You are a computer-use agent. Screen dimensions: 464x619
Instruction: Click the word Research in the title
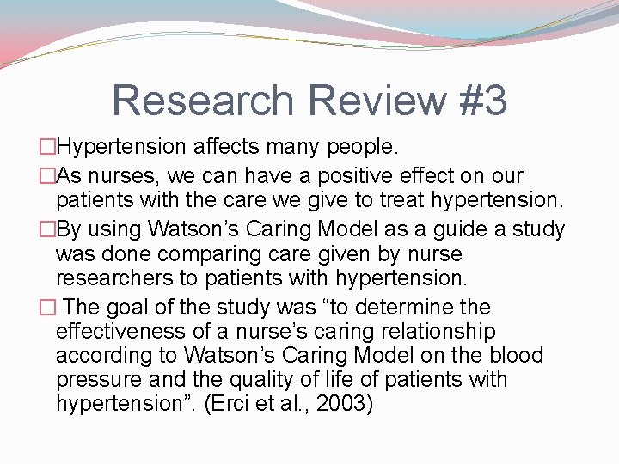click(x=203, y=101)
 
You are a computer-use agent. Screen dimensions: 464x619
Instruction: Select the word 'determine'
click(x=433, y=308)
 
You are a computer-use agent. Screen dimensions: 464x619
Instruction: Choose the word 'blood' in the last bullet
click(x=513, y=356)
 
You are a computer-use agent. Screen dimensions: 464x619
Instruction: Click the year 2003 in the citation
click(x=340, y=404)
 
